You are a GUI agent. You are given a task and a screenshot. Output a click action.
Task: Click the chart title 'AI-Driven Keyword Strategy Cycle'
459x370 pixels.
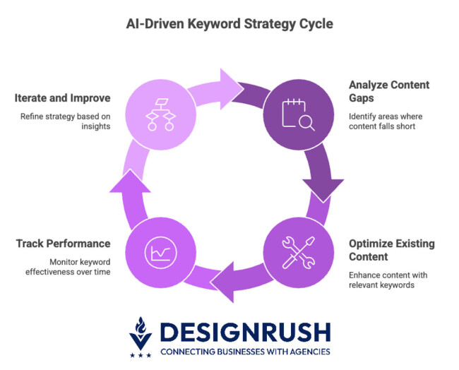229,23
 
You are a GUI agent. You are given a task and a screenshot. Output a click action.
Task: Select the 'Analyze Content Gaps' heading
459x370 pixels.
388,91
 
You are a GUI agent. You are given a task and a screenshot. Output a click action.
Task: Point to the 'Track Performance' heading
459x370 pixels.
63,244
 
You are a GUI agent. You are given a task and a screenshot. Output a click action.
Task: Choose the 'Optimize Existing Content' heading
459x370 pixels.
391,250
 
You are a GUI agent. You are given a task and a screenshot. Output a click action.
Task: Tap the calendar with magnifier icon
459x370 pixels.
298,113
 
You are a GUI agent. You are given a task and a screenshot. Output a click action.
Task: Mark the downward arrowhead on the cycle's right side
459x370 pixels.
325,186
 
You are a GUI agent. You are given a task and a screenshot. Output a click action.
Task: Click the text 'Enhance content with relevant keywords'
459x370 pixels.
386,280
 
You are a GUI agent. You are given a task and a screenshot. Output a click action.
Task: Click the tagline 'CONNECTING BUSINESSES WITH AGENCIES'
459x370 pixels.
244,351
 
